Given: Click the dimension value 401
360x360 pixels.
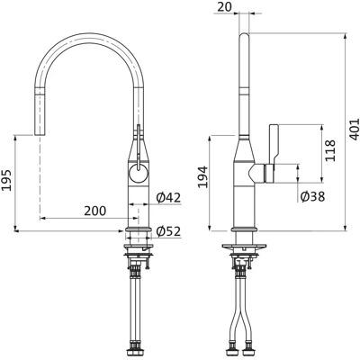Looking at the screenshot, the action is [x=355, y=130].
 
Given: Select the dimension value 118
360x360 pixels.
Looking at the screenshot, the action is [x=330, y=150].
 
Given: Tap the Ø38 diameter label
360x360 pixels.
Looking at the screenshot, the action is [x=312, y=197].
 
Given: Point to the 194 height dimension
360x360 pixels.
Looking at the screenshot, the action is [x=204, y=176].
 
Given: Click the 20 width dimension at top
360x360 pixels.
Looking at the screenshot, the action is [x=225, y=7].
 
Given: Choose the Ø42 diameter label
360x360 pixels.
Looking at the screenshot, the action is [x=168, y=197].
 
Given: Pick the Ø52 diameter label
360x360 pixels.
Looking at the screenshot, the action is [x=168, y=231].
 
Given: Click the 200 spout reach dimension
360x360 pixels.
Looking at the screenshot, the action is [x=94, y=211].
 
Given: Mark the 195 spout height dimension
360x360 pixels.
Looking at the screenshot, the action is [x=6, y=180].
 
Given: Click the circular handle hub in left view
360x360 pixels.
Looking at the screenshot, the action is [x=139, y=174].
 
